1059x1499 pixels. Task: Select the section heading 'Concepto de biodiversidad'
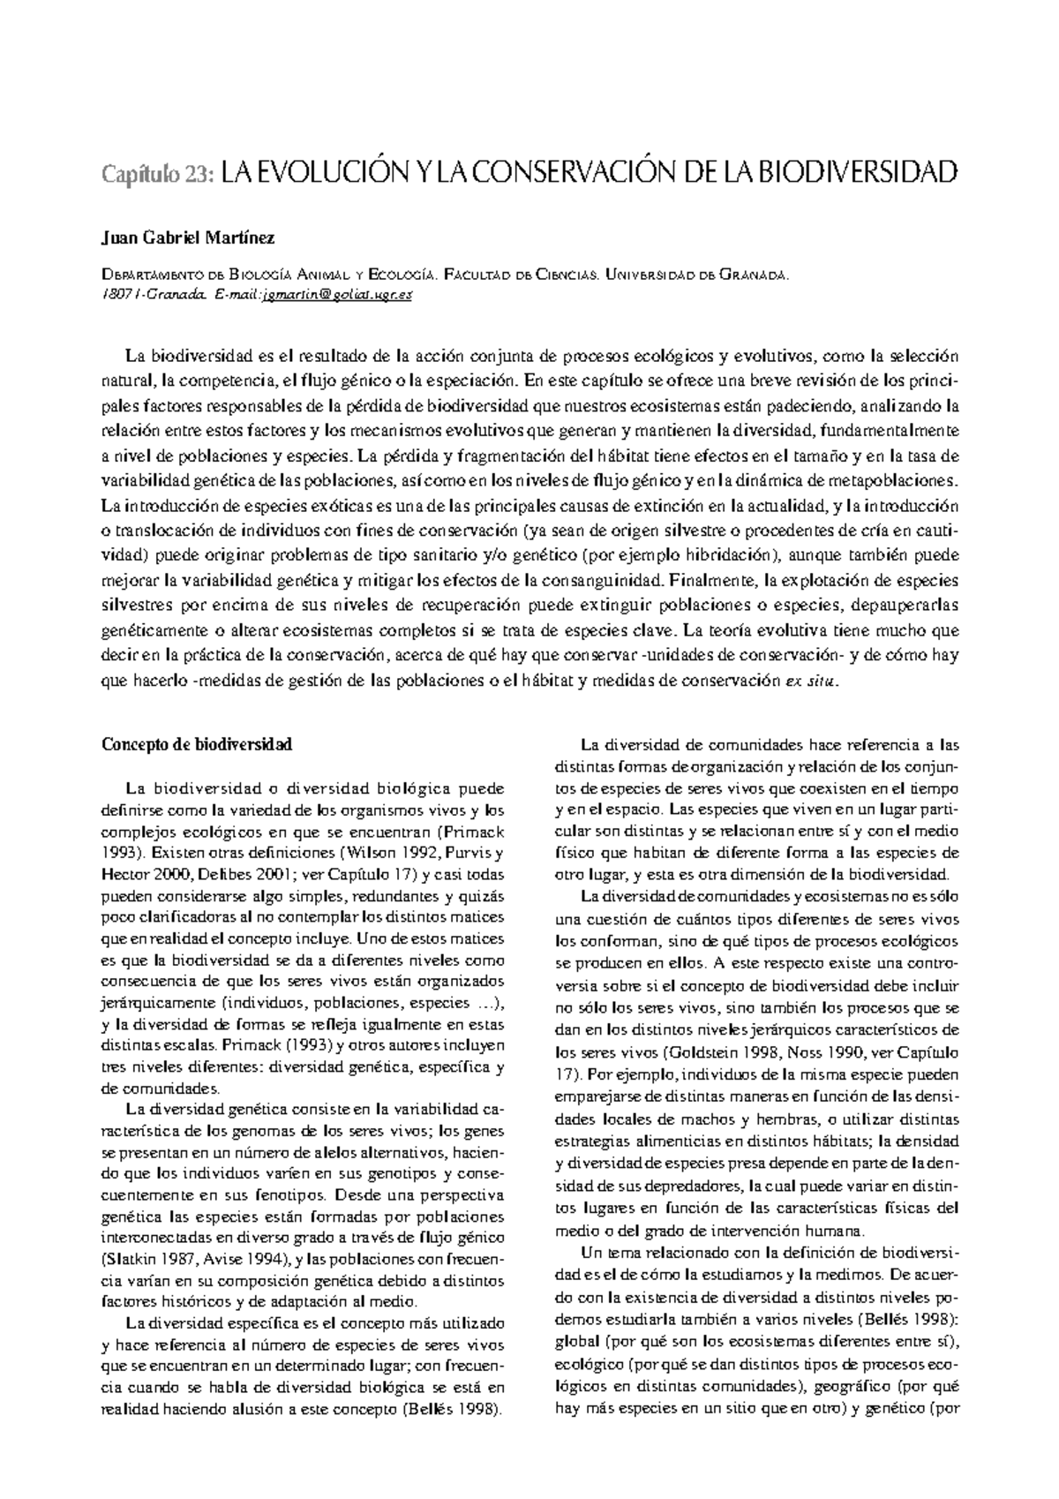click(x=197, y=744)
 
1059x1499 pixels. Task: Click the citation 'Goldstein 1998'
click(x=717, y=1053)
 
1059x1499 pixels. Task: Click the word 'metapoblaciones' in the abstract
click(x=898, y=481)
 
